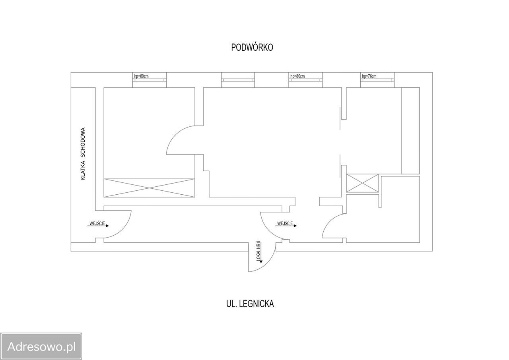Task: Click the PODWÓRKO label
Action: tap(252, 47)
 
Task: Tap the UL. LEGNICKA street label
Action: tap(250, 304)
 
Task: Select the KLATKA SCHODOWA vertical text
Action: tap(83, 154)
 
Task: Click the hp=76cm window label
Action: tap(369, 76)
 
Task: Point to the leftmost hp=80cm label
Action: tap(141, 76)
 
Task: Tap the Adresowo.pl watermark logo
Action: tap(41, 346)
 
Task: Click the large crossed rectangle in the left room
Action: tap(149, 188)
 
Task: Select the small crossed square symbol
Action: tap(362, 183)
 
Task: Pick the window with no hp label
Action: tap(238, 80)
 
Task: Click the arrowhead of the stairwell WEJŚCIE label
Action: tap(107, 226)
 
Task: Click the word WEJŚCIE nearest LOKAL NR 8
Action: tap(285, 224)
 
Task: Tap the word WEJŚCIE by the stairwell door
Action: tap(97, 224)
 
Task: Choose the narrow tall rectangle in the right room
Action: tap(410, 131)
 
